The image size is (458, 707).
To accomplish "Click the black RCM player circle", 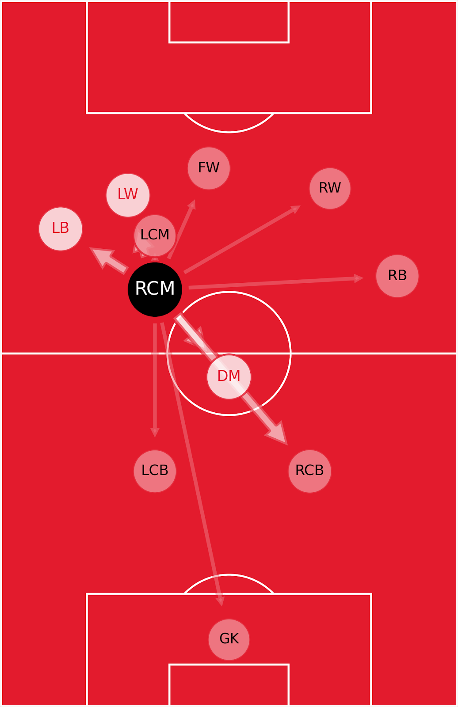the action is tap(155, 289).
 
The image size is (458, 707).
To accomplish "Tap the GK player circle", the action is tap(229, 639).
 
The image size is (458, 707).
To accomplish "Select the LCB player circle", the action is tap(155, 471).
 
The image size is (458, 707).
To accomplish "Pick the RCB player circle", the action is tap(309, 471).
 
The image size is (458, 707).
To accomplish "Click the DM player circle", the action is tap(229, 376).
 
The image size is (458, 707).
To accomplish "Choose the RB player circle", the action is tap(397, 276).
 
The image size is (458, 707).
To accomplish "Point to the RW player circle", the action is tap(330, 188).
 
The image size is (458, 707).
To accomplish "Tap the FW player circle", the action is tap(209, 168).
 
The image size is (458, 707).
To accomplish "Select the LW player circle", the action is tap(128, 195).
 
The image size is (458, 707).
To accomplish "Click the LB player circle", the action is tap(61, 228).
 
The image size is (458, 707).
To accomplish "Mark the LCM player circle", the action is tap(155, 235).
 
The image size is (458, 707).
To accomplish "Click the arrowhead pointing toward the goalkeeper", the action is tap(221, 601).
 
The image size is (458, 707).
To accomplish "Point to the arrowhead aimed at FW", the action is tap(192, 204).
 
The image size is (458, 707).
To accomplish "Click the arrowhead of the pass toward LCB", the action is tap(155, 432).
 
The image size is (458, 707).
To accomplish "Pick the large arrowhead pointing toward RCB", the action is tap(279, 434).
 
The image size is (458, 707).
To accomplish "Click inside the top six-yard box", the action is tap(229, 22).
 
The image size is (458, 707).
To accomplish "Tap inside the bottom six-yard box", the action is tap(229, 685).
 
